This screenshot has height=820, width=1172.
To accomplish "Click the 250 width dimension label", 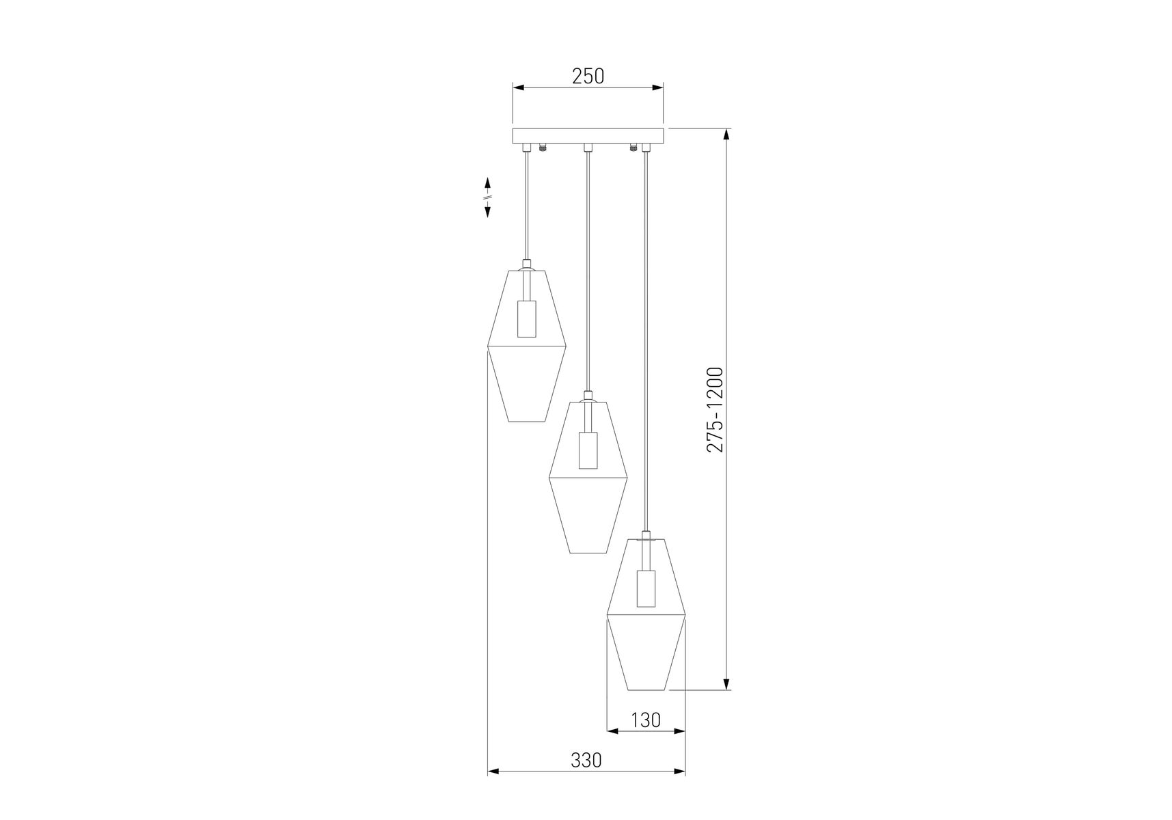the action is (x=588, y=76).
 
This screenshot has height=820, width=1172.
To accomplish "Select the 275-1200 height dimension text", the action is (x=715, y=409).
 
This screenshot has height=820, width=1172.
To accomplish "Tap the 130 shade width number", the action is (x=646, y=720).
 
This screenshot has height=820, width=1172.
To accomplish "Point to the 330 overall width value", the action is (x=586, y=760).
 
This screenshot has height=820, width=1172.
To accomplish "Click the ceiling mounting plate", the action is (x=588, y=135).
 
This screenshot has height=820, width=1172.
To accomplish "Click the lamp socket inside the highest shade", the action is (x=526, y=318).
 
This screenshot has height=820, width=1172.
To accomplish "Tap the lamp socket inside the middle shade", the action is (x=588, y=450).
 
